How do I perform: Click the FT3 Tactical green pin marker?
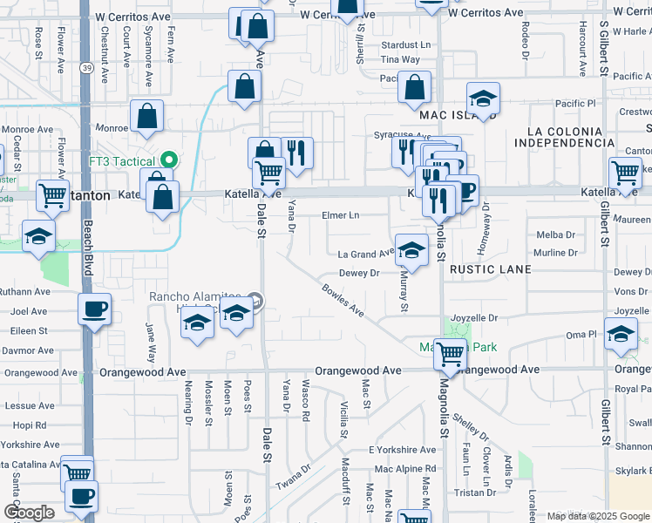tap(170, 160)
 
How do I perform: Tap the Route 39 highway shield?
tap(85, 68)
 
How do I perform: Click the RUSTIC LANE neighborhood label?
tap(490, 270)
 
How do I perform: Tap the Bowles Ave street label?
tap(343, 298)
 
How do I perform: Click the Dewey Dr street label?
tap(360, 273)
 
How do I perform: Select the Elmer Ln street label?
tap(340, 215)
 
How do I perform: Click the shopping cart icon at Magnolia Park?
tap(450, 353)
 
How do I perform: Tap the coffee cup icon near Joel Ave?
tap(94, 309)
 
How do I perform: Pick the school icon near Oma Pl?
tap(621, 336)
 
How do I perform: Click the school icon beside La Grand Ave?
tap(411, 250)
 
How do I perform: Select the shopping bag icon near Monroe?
tap(147, 116)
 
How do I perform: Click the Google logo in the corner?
tap(29, 513)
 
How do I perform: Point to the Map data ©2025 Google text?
tap(597, 516)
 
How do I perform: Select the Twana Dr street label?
tap(293, 479)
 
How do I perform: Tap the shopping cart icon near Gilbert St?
tap(625, 173)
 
